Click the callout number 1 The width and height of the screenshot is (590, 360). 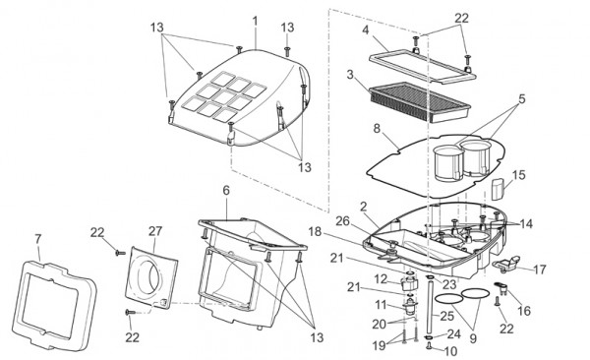pos(255,20)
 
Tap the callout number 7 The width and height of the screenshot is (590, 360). pos(37,239)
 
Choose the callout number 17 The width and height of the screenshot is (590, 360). pos(540,268)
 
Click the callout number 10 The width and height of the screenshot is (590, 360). pos(451,350)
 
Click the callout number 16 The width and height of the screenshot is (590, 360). pos(523,309)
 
